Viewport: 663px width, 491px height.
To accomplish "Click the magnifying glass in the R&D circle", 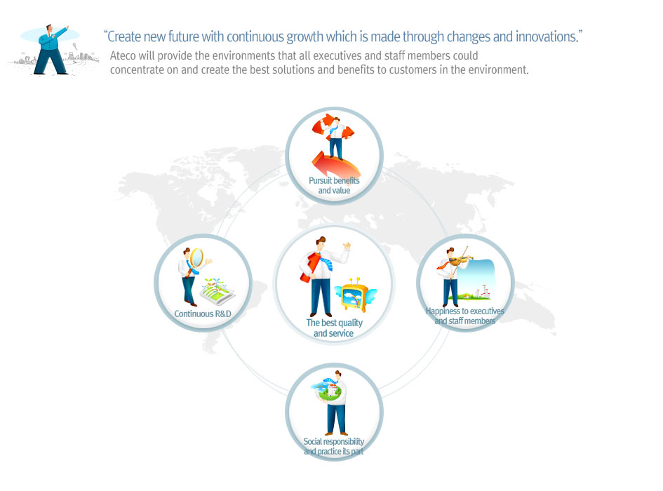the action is coord(196,258).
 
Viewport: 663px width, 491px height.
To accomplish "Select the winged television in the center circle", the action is coord(355,295).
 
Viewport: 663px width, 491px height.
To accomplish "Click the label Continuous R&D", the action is coord(203,314).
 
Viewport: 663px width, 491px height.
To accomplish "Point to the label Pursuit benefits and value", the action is coord(334,185).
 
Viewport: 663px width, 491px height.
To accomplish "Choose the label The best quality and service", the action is coord(334,328).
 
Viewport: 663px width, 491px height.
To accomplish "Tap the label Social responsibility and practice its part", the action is coord(334,446).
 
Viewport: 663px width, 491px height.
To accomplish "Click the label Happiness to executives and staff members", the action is coord(464,316).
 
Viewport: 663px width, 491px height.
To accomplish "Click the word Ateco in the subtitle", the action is coord(123,56).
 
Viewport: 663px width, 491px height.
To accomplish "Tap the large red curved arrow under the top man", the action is coord(336,166).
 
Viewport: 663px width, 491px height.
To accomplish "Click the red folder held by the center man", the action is coord(310,267).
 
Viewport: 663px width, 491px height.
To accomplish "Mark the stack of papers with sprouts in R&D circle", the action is coord(217,291).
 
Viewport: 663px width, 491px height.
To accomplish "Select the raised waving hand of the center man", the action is coord(347,245).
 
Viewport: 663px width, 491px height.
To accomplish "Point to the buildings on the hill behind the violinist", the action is coord(482,292).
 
